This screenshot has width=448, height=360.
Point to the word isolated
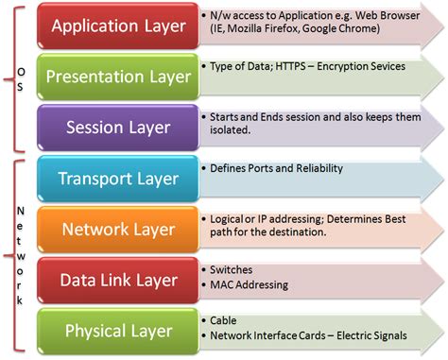232,131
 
